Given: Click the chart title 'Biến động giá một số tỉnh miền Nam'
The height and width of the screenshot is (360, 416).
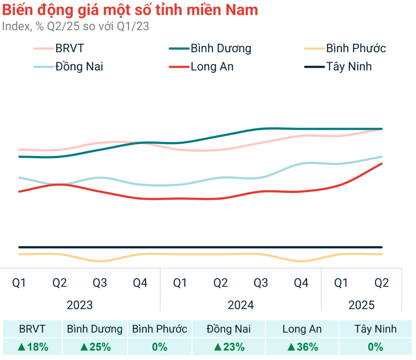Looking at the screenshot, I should click(x=130, y=10).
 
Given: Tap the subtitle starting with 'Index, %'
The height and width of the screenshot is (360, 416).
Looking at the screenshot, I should click(x=75, y=26).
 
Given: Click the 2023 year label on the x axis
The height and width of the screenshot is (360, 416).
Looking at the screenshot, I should click(x=79, y=305).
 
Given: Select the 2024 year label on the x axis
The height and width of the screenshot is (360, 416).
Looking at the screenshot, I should click(x=241, y=305).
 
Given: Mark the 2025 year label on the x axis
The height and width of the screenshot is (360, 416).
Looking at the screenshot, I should click(x=361, y=305).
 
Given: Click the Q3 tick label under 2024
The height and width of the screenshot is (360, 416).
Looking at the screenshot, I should click(x=261, y=283).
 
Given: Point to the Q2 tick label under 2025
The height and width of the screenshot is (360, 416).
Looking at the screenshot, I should click(x=381, y=283).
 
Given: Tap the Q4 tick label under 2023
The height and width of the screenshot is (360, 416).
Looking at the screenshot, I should click(x=140, y=283).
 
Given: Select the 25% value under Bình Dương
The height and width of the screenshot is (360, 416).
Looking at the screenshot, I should click(x=100, y=347).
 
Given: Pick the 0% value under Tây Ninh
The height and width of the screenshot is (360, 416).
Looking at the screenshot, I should click(x=375, y=347).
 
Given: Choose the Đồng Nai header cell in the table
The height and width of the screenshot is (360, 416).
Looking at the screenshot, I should click(x=229, y=329).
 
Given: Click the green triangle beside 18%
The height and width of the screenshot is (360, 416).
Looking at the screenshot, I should click(x=22, y=347).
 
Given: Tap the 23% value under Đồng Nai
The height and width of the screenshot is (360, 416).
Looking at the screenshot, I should click(x=234, y=347).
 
